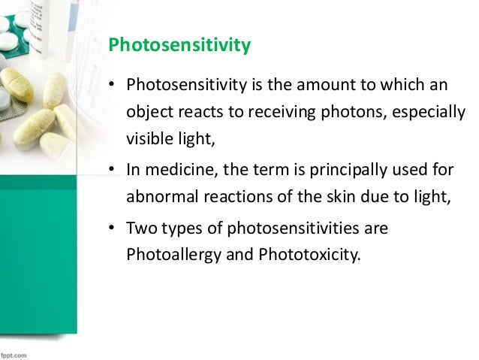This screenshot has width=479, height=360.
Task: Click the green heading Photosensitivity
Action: tap(179, 47)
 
